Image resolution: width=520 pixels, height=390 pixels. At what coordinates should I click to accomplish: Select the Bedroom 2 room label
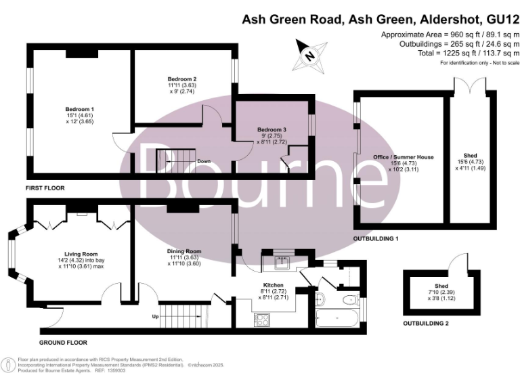[x=181, y=79]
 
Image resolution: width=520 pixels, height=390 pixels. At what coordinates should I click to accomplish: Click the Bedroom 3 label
[x=272, y=129]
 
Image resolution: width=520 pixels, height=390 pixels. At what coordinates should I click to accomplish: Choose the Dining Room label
[x=185, y=251]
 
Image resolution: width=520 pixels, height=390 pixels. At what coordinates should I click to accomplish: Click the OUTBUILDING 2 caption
[x=426, y=323]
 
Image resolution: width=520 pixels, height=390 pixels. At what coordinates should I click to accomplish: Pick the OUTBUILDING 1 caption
[x=376, y=239]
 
